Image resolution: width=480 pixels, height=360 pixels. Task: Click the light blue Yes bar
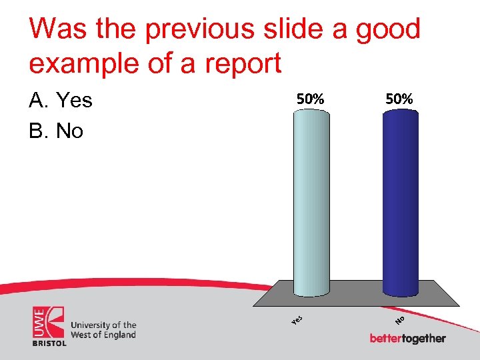[311, 200]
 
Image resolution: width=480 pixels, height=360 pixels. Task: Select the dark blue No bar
[401, 200]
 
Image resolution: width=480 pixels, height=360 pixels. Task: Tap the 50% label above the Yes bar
[311, 99]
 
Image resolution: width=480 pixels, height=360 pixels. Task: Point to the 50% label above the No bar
[399, 99]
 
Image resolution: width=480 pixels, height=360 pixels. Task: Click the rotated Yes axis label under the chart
[298, 320]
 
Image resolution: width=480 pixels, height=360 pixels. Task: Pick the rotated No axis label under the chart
[401, 321]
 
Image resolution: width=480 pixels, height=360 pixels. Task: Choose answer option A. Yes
[61, 101]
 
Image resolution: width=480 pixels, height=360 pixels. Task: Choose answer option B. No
[56, 131]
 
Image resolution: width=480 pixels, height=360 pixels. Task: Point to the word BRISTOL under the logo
[49, 343]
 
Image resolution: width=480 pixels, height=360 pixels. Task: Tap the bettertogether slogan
[407, 339]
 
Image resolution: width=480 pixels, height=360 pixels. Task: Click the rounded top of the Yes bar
[311, 114]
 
